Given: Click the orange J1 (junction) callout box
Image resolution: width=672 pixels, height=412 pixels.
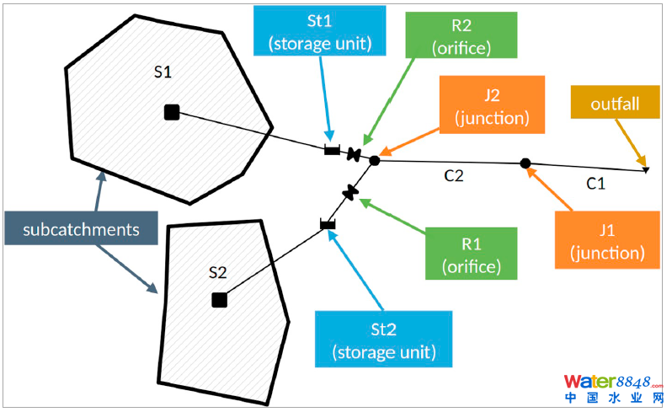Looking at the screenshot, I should [x=607, y=239].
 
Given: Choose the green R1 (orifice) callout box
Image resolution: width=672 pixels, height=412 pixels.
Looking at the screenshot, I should [x=472, y=254].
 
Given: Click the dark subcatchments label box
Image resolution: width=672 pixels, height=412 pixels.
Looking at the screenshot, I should [x=80, y=228].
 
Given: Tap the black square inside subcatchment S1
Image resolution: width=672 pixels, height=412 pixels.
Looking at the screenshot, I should [x=171, y=112].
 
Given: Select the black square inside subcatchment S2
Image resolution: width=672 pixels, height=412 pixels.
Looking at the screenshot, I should [x=219, y=299].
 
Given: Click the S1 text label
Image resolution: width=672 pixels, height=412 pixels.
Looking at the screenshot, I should [x=163, y=72].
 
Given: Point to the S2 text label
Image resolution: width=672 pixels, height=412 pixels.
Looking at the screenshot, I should [x=217, y=271].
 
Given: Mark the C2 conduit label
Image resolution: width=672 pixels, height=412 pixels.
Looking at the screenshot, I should [x=456, y=178].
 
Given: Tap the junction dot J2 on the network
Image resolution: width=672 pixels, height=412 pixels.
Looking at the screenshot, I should [x=375, y=160].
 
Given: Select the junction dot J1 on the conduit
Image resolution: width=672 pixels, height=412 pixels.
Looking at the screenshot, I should [x=525, y=163].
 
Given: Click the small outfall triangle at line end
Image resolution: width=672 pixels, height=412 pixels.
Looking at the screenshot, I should [x=645, y=170].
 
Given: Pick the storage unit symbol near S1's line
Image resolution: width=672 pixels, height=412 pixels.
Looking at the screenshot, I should [x=332, y=150].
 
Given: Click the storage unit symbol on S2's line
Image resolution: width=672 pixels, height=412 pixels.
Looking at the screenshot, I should [x=328, y=224].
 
